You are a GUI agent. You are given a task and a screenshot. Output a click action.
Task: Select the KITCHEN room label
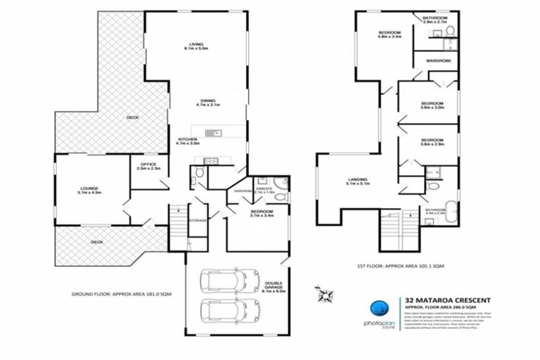tap(188, 141)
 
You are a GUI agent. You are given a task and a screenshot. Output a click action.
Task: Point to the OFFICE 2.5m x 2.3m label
tap(148, 167)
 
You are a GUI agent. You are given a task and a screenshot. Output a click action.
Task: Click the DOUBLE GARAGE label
tap(274, 285)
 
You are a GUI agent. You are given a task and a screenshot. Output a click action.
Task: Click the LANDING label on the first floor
tap(358, 183)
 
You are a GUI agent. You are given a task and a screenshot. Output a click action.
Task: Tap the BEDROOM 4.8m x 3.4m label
tap(390, 35)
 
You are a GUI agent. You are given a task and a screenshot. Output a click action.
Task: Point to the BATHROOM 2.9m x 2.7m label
tap(437, 20)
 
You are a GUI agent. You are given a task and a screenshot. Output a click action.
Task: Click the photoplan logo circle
tap(378, 310)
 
